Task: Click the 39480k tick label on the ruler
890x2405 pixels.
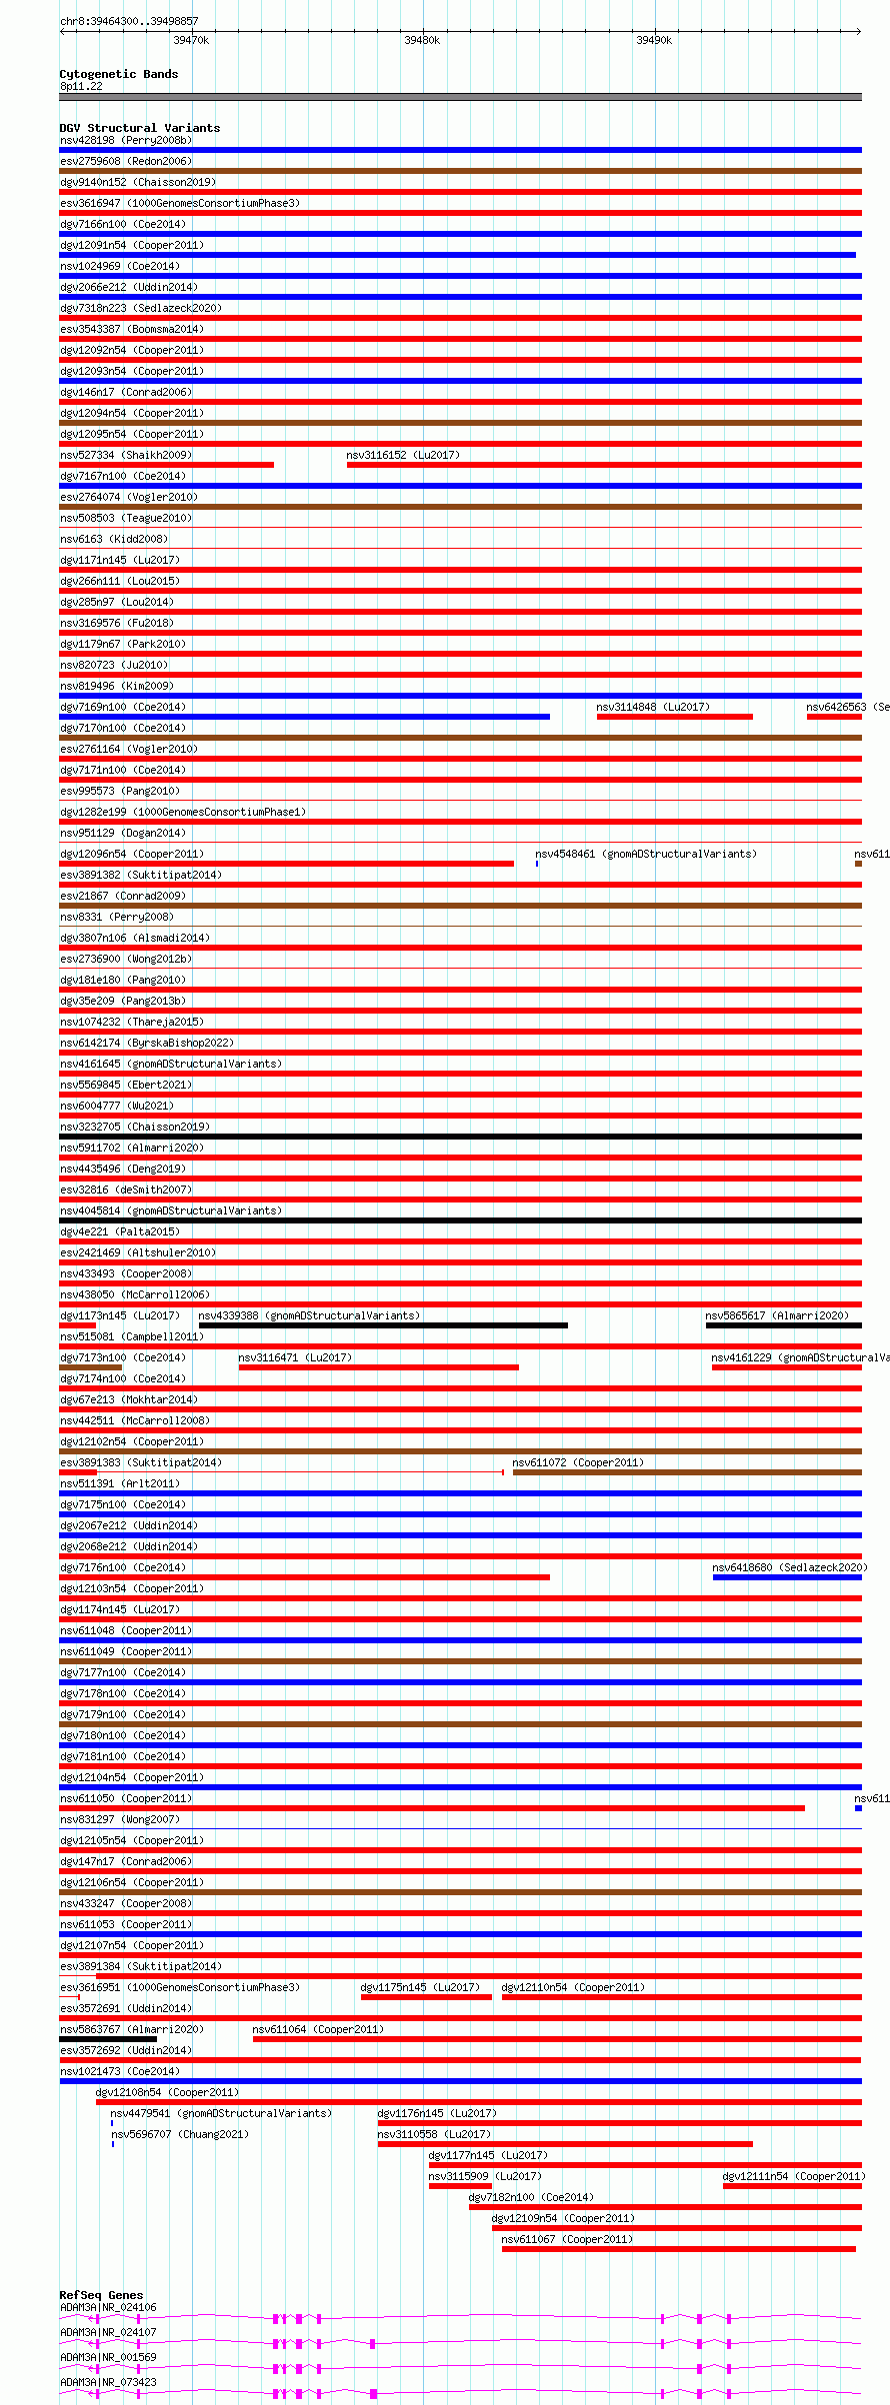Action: click(422, 40)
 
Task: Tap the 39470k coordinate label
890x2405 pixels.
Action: click(191, 40)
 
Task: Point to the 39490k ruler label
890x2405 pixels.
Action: click(654, 40)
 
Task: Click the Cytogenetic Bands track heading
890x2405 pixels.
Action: click(118, 74)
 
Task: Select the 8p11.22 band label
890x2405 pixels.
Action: click(81, 86)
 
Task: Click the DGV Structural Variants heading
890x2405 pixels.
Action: click(139, 128)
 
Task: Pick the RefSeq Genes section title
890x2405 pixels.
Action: click(101, 2295)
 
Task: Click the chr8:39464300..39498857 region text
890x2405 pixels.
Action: click(129, 21)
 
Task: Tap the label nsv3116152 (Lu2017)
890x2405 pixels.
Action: click(403, 455)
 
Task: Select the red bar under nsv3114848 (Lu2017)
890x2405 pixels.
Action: click(674, 717)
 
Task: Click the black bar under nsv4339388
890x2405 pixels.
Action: click(383, 1325)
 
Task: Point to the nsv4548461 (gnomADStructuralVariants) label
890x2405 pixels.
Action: click(646, 854)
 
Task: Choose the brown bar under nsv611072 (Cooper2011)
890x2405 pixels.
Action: click(687, 1472)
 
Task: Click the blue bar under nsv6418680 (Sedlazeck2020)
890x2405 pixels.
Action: click(787, 1577)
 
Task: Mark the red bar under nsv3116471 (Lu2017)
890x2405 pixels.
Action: click(378, 1367)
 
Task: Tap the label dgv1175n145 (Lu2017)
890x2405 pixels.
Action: click(420, 1987)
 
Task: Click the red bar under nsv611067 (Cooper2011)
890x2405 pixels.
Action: click(678, 2249)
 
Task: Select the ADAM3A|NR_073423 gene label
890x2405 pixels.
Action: click(108, 2382)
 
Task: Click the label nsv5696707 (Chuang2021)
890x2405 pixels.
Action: click(180, 2134)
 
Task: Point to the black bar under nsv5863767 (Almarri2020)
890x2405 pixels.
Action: click(108, 2039)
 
